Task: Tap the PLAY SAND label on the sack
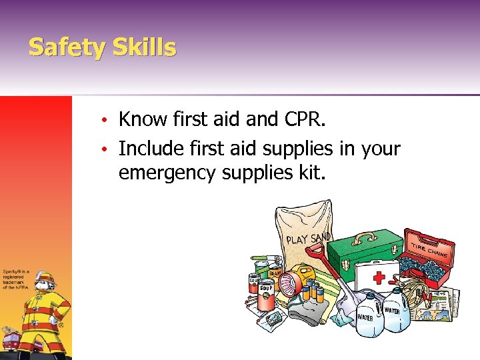[x=309, y=235]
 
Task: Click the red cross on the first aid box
[x=381, y=276]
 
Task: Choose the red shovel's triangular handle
[x=317, y=253]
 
